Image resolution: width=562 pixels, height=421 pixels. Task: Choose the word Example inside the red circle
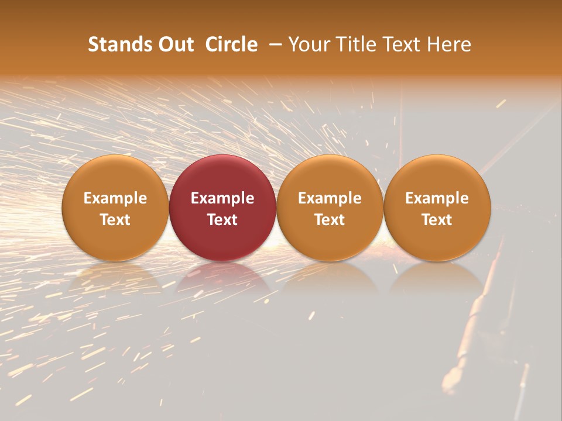(x=222, y=198)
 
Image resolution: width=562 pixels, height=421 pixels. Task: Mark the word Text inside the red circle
(x=222, y=220)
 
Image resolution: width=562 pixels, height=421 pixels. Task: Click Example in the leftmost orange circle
(x=115, y=198)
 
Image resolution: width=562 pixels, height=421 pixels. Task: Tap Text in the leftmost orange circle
(x=115, y=220)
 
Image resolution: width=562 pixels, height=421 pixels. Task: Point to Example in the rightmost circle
(x=437, y=198)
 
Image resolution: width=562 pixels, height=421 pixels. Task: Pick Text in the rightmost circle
(x=437, y=220)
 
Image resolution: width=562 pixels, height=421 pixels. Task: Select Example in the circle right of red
(x=330, y=198)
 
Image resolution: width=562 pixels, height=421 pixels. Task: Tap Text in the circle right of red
(x=330, y=220)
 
